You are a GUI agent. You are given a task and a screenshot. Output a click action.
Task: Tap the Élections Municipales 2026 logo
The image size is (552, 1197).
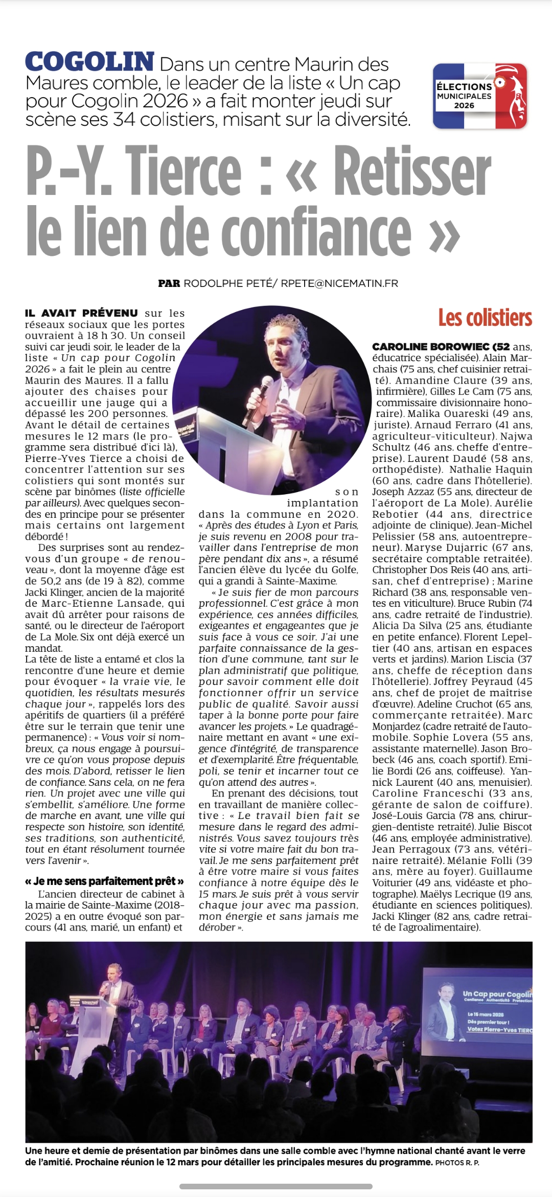coord(479,96)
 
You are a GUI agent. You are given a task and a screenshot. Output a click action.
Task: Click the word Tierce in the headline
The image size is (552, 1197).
coord(184,170)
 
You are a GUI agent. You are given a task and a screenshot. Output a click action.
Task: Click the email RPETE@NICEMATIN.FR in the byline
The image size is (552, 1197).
coord(339,283)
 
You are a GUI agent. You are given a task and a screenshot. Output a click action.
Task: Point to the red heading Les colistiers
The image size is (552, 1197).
coord(485,318)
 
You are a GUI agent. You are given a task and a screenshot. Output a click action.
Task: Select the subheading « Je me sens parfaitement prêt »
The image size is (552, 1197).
coord(104,881)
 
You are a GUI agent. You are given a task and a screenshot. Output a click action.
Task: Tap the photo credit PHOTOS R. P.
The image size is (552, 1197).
coord(457,1163)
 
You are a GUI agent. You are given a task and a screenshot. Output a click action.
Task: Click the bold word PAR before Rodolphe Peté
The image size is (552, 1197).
coord(169,283)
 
